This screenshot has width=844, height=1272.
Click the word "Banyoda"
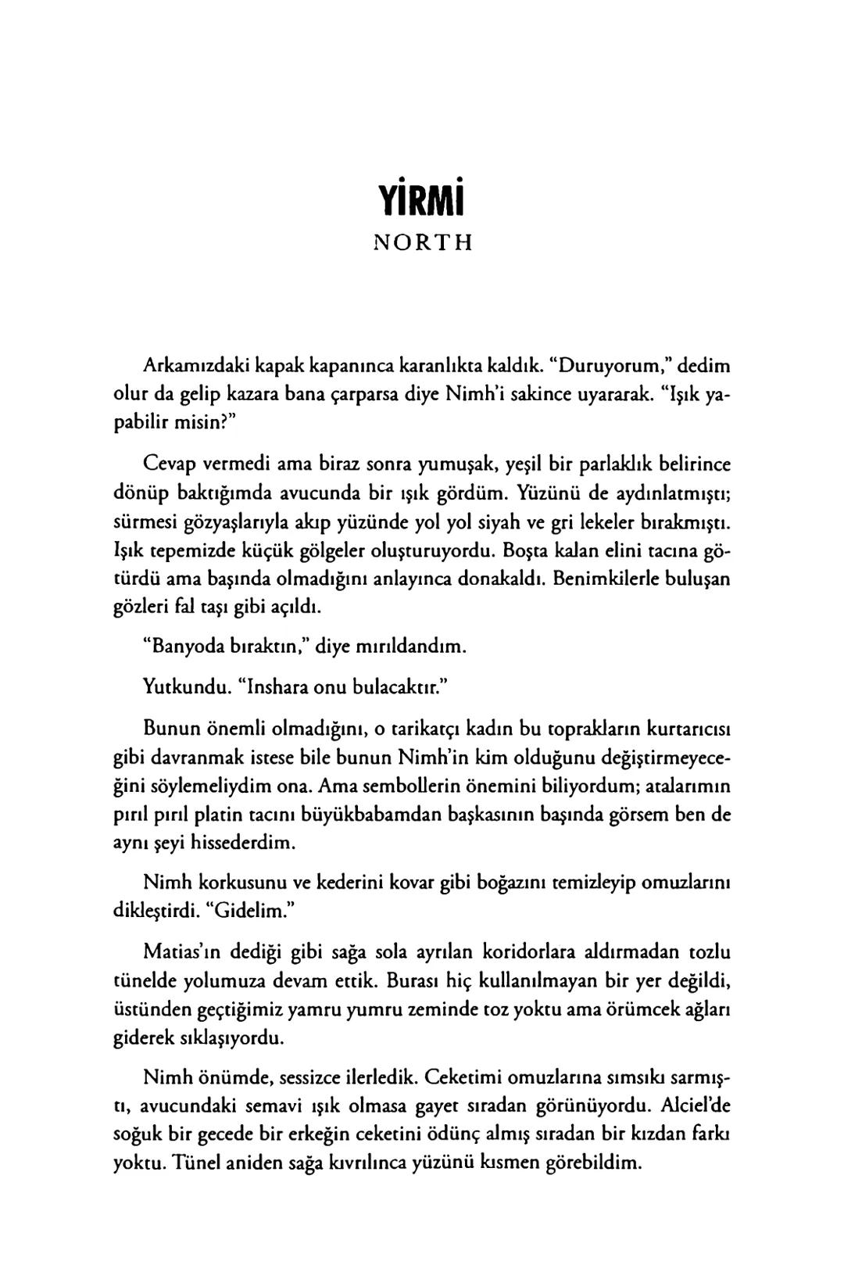(184, 647)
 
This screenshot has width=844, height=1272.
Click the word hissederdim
(247, 844)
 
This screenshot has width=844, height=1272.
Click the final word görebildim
(591, 1163)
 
